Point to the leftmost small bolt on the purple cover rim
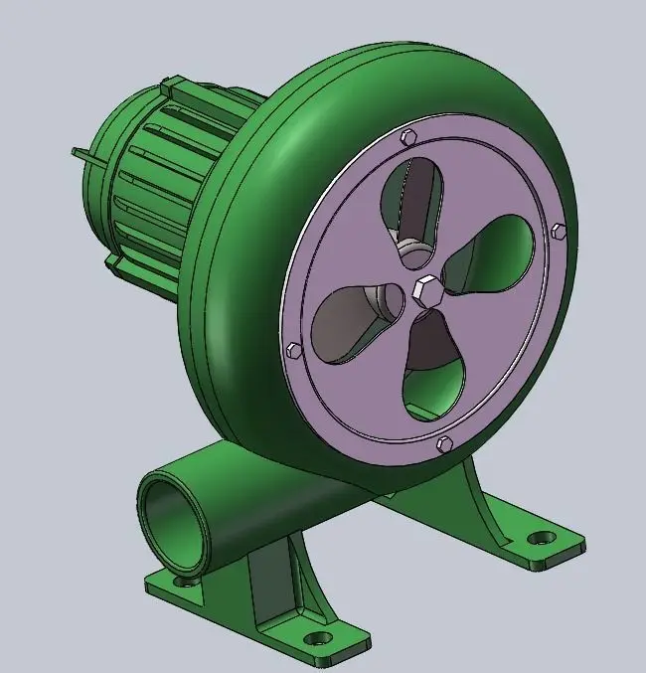293,350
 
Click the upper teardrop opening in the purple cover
412,204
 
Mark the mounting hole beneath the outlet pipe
181,580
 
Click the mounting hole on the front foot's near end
317,637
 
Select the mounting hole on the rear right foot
541,538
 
